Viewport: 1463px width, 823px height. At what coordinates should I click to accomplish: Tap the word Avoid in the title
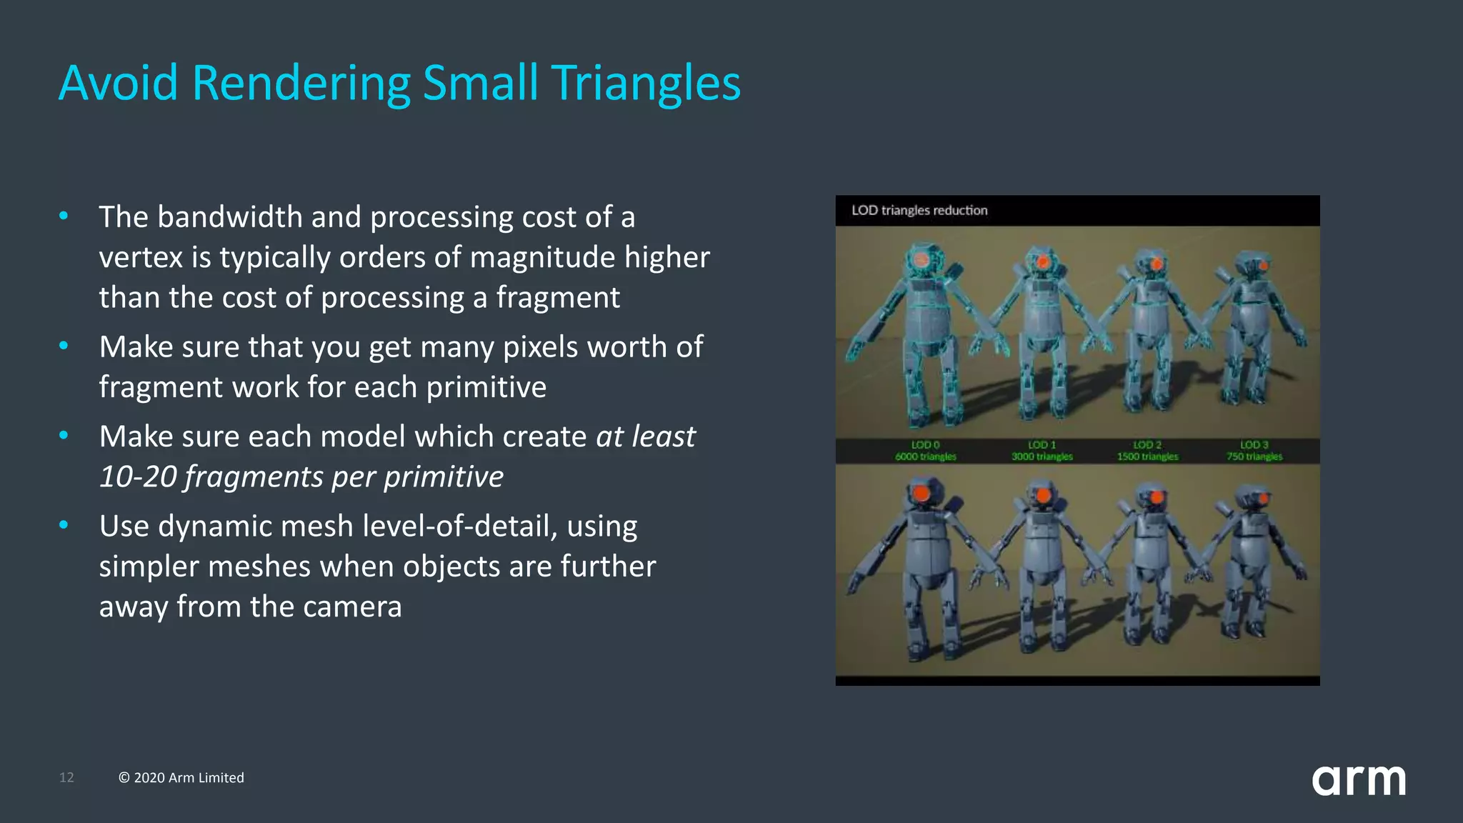(118, 84)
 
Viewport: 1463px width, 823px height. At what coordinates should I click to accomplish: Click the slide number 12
(66, 777)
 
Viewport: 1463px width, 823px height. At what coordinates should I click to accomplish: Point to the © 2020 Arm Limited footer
(181, 777)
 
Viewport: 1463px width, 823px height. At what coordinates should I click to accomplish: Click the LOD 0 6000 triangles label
(925, 451)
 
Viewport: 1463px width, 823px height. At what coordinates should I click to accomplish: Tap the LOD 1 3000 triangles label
(1042, 451)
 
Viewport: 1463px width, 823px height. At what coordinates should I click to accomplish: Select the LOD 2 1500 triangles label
(1147, 451)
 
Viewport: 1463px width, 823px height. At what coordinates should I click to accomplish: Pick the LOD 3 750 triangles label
(1254, 451)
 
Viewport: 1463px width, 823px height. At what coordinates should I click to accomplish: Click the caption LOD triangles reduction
(919, 210)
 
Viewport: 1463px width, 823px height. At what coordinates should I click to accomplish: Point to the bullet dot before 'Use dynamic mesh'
(64, 525)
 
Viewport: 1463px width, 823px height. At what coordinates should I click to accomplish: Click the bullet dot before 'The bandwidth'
(64, 215)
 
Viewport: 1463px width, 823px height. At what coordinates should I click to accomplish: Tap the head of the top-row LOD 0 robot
(924, 259)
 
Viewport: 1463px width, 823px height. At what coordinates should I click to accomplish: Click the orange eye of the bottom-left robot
(922, 493)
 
